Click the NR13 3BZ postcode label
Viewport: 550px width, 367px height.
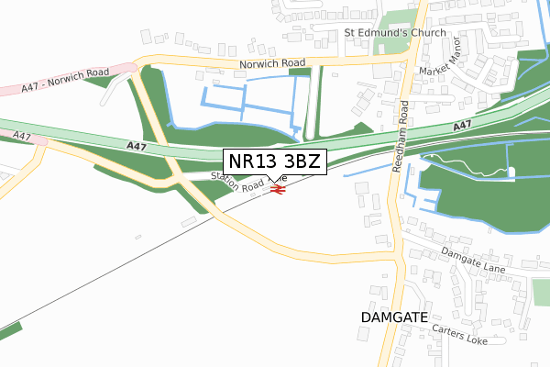[274, 162]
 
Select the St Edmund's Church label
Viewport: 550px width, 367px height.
[395, 33]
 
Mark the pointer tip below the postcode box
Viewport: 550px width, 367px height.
[273, 181]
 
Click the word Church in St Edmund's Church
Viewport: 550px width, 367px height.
[425, 33]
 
